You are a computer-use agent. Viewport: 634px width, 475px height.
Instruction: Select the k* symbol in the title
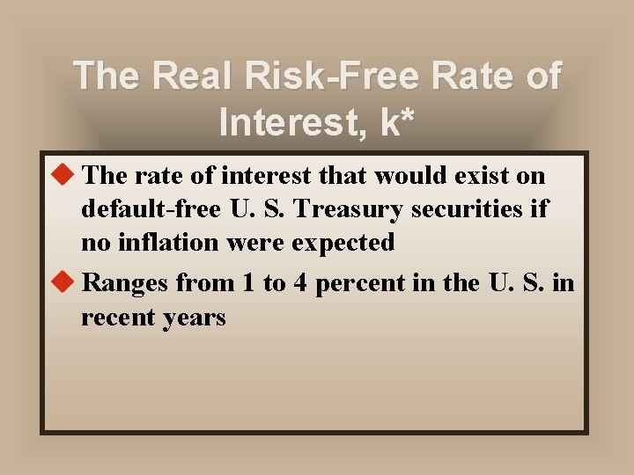coord(397,121)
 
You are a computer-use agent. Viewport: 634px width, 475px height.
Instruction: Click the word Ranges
coord(125,284)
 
